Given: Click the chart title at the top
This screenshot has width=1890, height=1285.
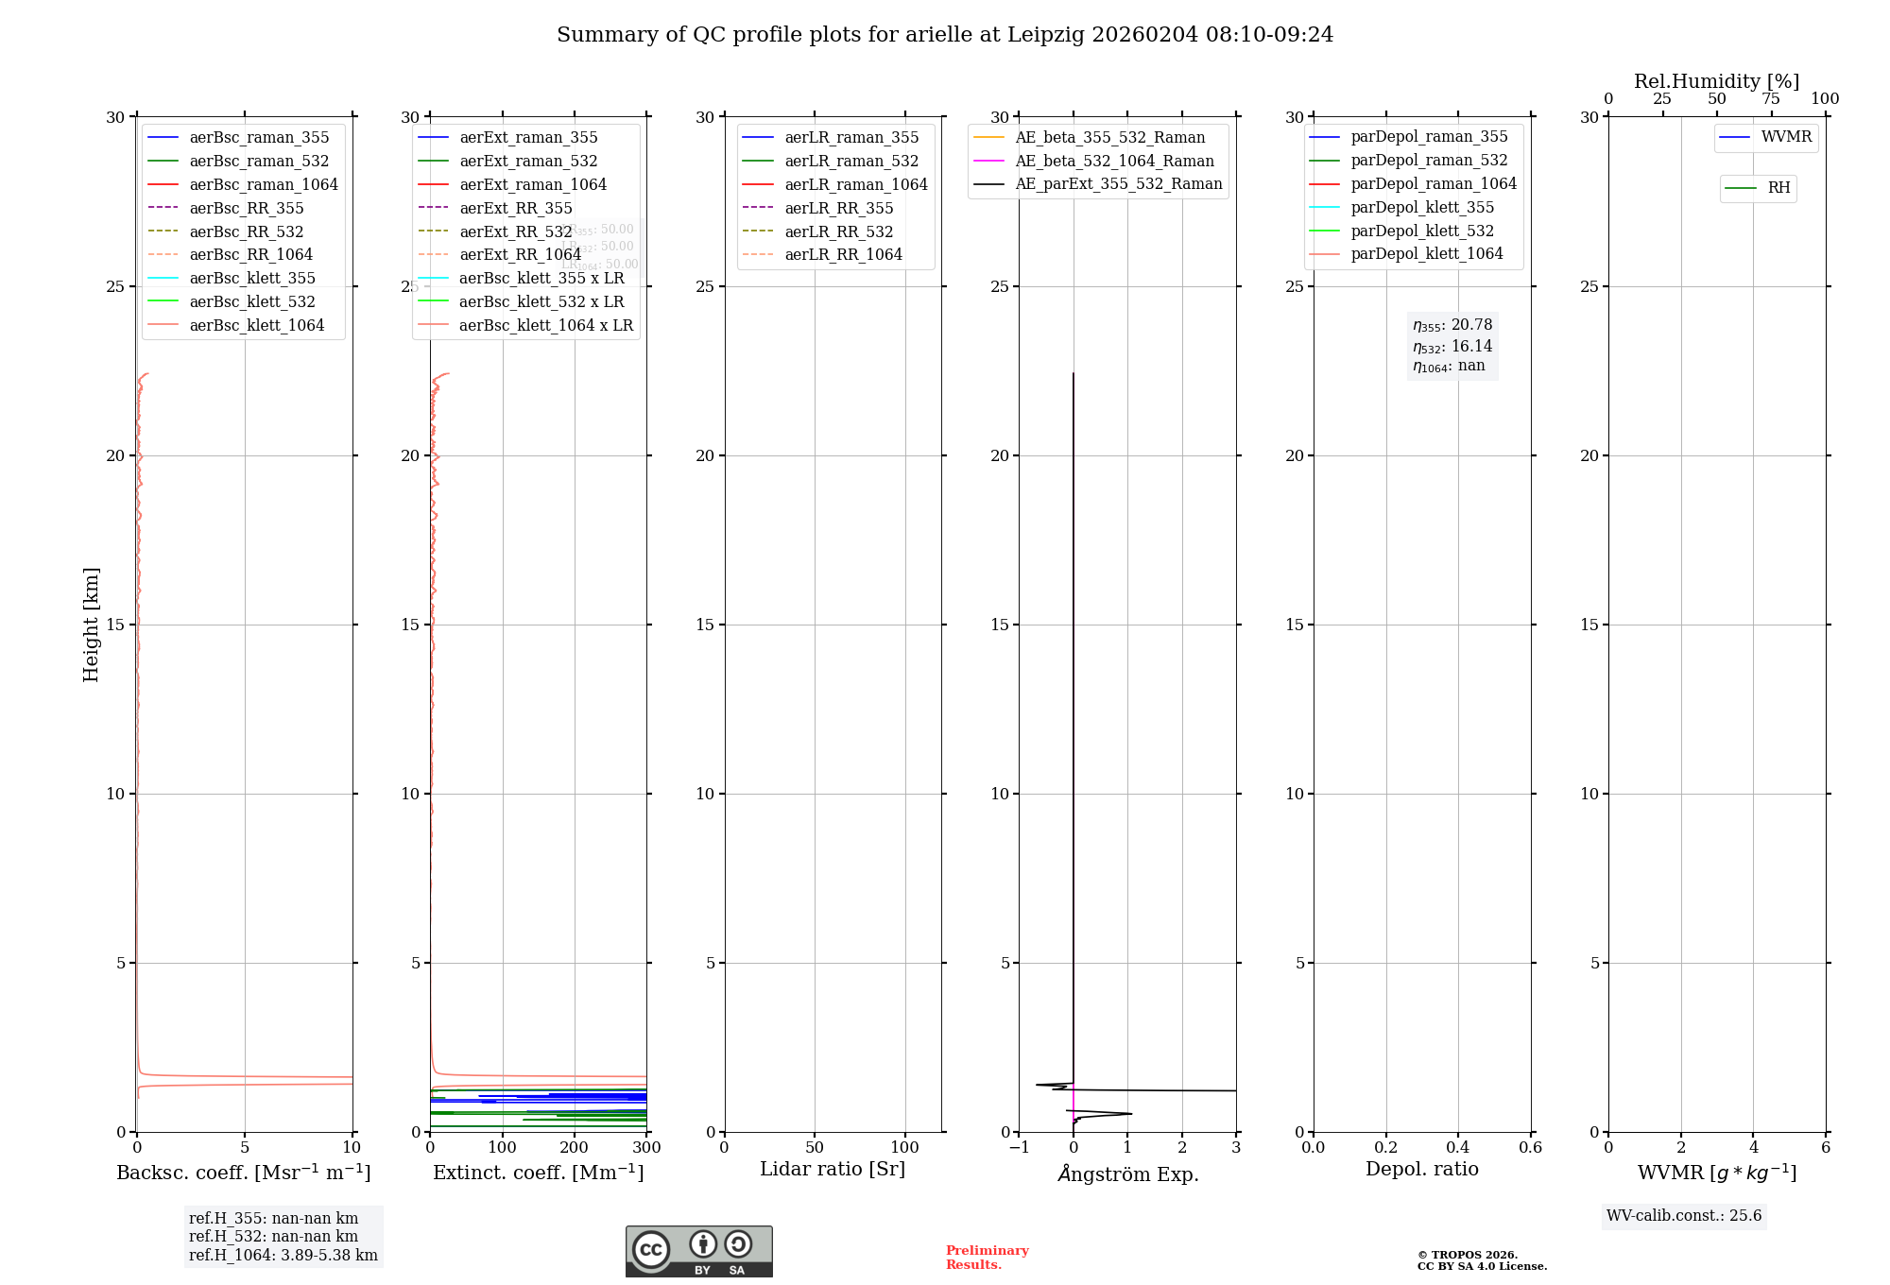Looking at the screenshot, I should [945, 35].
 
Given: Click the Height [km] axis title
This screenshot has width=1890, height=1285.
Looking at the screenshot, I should [91, 625].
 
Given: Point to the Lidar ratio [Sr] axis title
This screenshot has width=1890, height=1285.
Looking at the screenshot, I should [833, 1169].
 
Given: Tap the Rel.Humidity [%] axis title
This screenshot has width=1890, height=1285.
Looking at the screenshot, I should [1716, 81].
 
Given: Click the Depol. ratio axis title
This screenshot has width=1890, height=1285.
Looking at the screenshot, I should [1421, 1169].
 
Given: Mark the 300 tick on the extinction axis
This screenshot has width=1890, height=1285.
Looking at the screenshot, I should [646, 1148].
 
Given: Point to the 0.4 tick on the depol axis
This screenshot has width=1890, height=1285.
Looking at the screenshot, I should [1458, 1148].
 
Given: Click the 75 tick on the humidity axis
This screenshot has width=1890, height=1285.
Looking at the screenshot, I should [1771, 99].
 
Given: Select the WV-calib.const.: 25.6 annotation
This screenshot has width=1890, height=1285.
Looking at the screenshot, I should [1684, 1216].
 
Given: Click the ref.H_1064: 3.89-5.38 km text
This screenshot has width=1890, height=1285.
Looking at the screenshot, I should [283, 1256].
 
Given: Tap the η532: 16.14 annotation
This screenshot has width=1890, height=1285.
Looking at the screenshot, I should [1452, 347].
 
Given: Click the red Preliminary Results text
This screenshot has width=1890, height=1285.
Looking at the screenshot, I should [987, 1258].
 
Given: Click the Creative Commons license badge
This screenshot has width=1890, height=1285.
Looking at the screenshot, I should [698, 1251].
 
